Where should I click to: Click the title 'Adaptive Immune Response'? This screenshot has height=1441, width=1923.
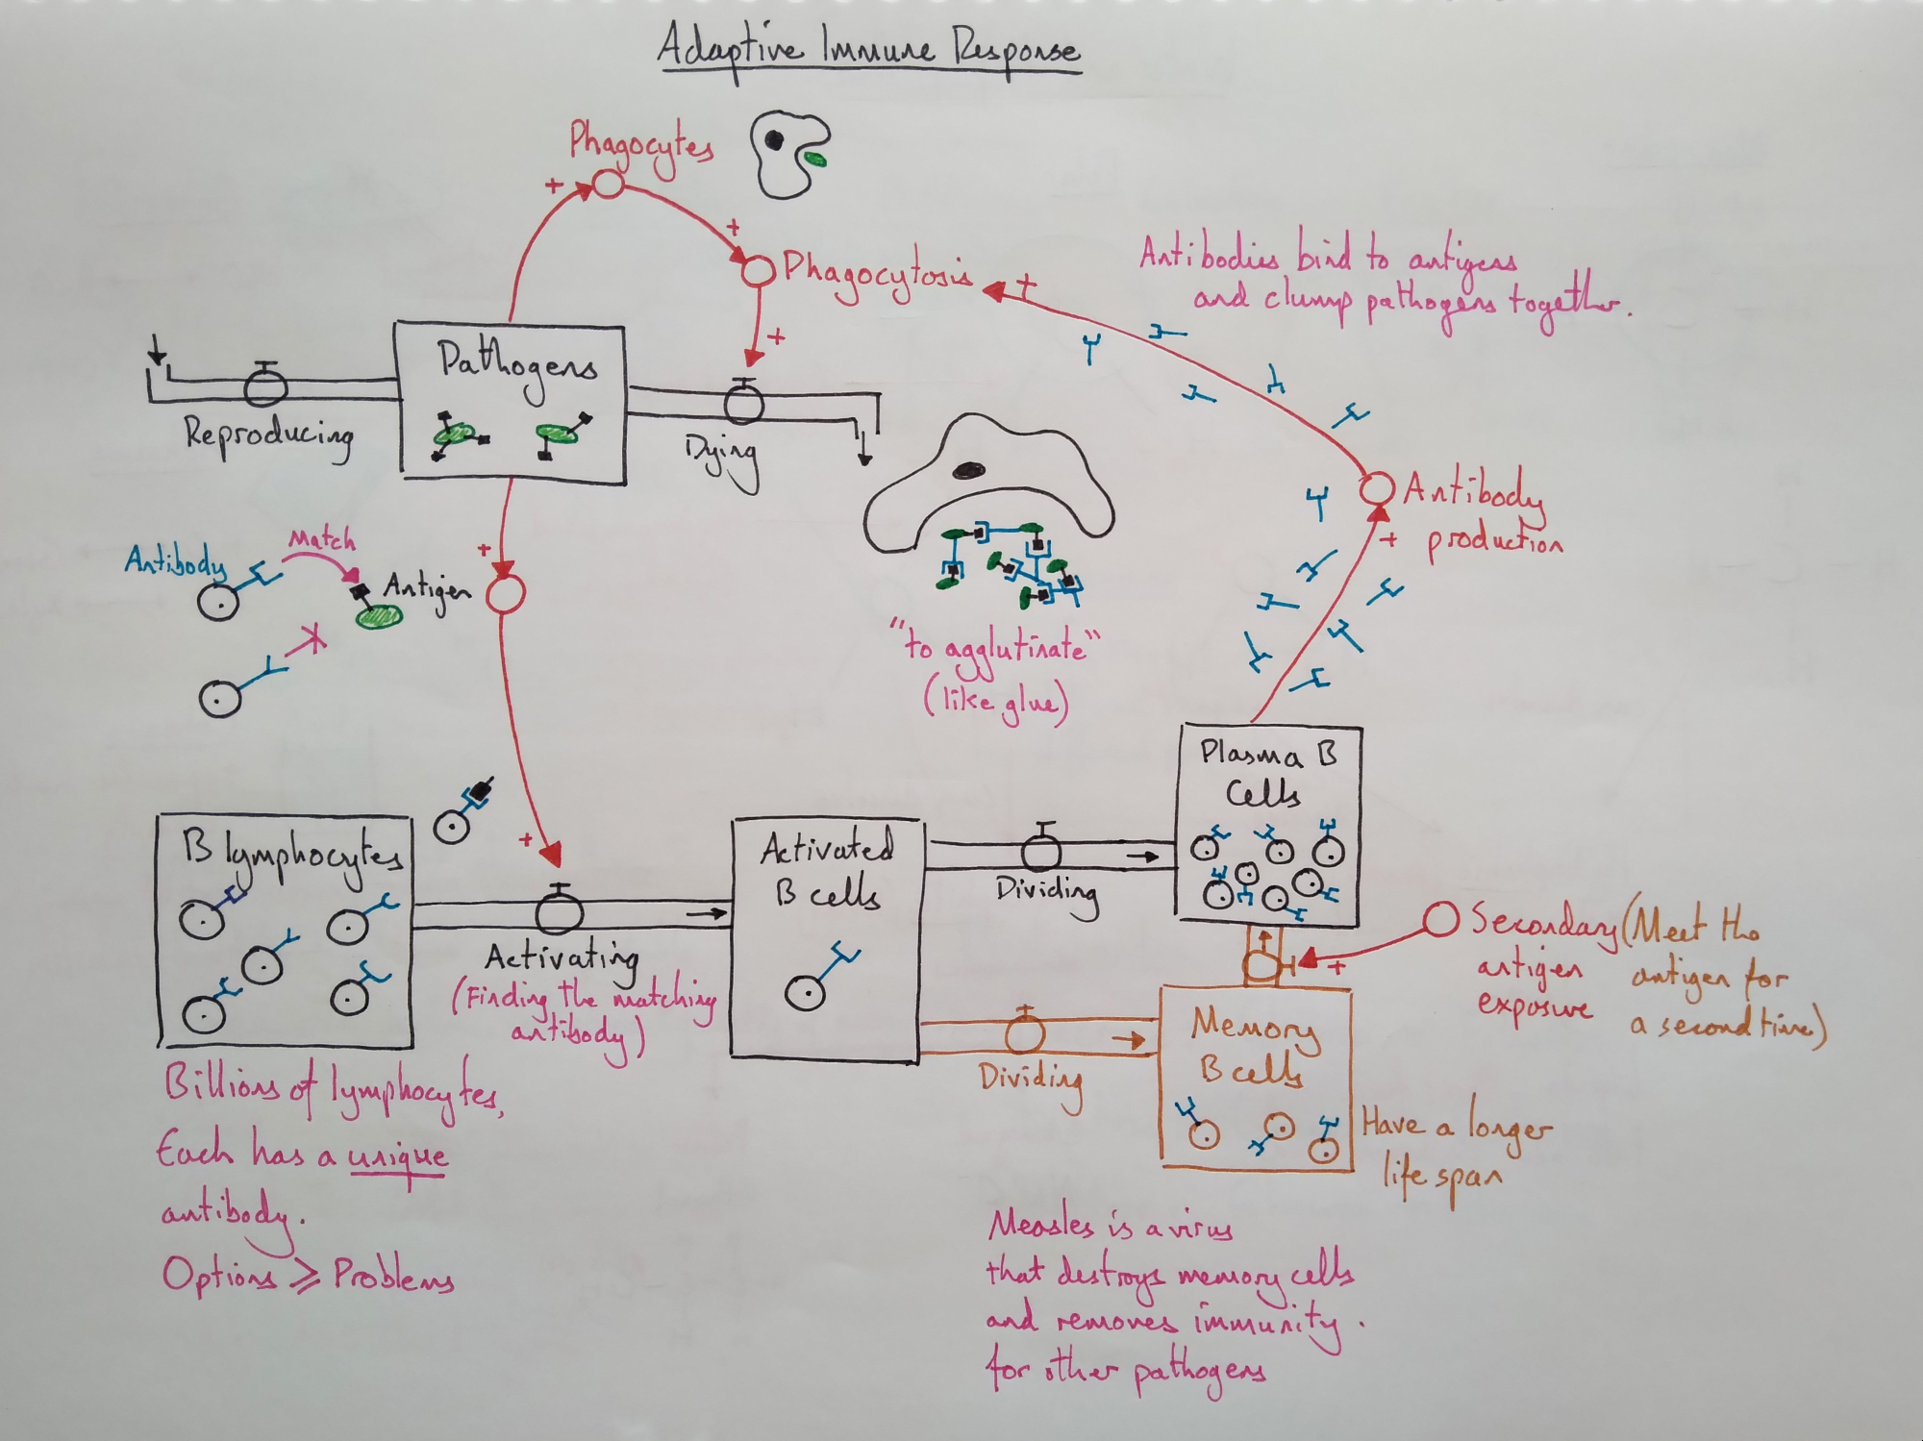[x=868, y=50]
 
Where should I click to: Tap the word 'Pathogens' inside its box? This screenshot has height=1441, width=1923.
[x=517, y=365]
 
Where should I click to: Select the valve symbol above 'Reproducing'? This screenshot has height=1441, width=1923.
[x=265, y=386]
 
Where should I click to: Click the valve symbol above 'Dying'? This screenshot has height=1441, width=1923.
[x=742, y=401]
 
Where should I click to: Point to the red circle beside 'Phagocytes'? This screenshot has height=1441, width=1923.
[x=607, y=183]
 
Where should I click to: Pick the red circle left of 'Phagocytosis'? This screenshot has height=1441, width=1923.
[x=758, y=270]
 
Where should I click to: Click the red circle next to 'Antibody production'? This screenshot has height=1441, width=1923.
[x=1376, y=488]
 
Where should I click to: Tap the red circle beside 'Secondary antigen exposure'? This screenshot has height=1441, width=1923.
[x=1439, y=919]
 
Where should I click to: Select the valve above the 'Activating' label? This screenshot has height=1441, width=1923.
[x=559, y=911]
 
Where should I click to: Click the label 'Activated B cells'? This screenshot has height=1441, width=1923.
[x=827, y=870]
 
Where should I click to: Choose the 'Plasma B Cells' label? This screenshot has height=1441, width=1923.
[x=1266, y=773]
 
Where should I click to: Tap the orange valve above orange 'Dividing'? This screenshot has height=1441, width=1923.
[x=1025, y=1033]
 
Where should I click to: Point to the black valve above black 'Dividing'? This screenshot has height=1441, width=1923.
[x=1040, y=850]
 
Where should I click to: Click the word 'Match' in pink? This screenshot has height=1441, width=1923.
[x=321, y=539]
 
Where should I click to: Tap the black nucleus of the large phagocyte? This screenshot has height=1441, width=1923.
[x=968, y=470]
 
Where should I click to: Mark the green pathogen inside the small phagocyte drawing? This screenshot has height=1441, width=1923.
[x=814, y=158]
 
